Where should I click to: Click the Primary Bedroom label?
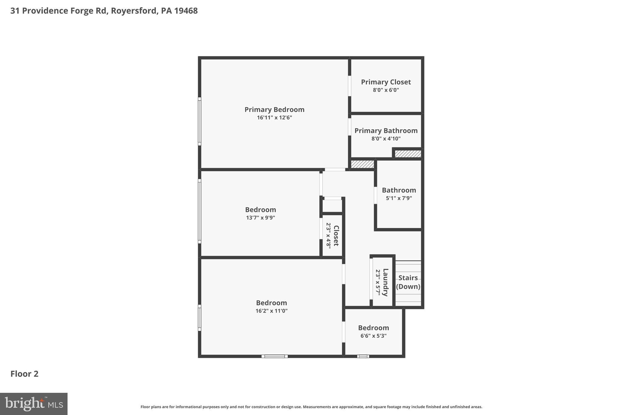pos(274,109)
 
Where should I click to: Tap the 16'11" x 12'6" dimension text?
pos(274,118)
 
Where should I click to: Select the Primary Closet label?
pos(386,82)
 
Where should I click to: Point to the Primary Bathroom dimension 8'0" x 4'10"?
pos(386,139)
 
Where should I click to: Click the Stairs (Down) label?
pos(408,282)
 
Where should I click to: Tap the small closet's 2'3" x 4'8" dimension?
pos(329,236)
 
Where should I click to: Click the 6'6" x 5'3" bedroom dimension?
pos(373,336)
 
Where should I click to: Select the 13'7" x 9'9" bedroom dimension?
pos(260,218)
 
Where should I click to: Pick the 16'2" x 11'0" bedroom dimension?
pos(271,311)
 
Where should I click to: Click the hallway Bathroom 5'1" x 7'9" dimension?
pos(399,198)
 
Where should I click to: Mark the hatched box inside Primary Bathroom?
pos(408,154)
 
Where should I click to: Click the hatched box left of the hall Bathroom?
pos(362,164)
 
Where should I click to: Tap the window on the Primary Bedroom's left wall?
pos(200,121)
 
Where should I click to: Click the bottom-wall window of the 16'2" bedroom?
pos(274,356)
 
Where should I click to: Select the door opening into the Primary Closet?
pos(350,86)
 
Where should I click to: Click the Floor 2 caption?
pos(24,374)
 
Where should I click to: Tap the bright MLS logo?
pos(33,404)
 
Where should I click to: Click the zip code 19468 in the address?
pos(186,11)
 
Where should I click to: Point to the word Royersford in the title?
pos(134,11)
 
